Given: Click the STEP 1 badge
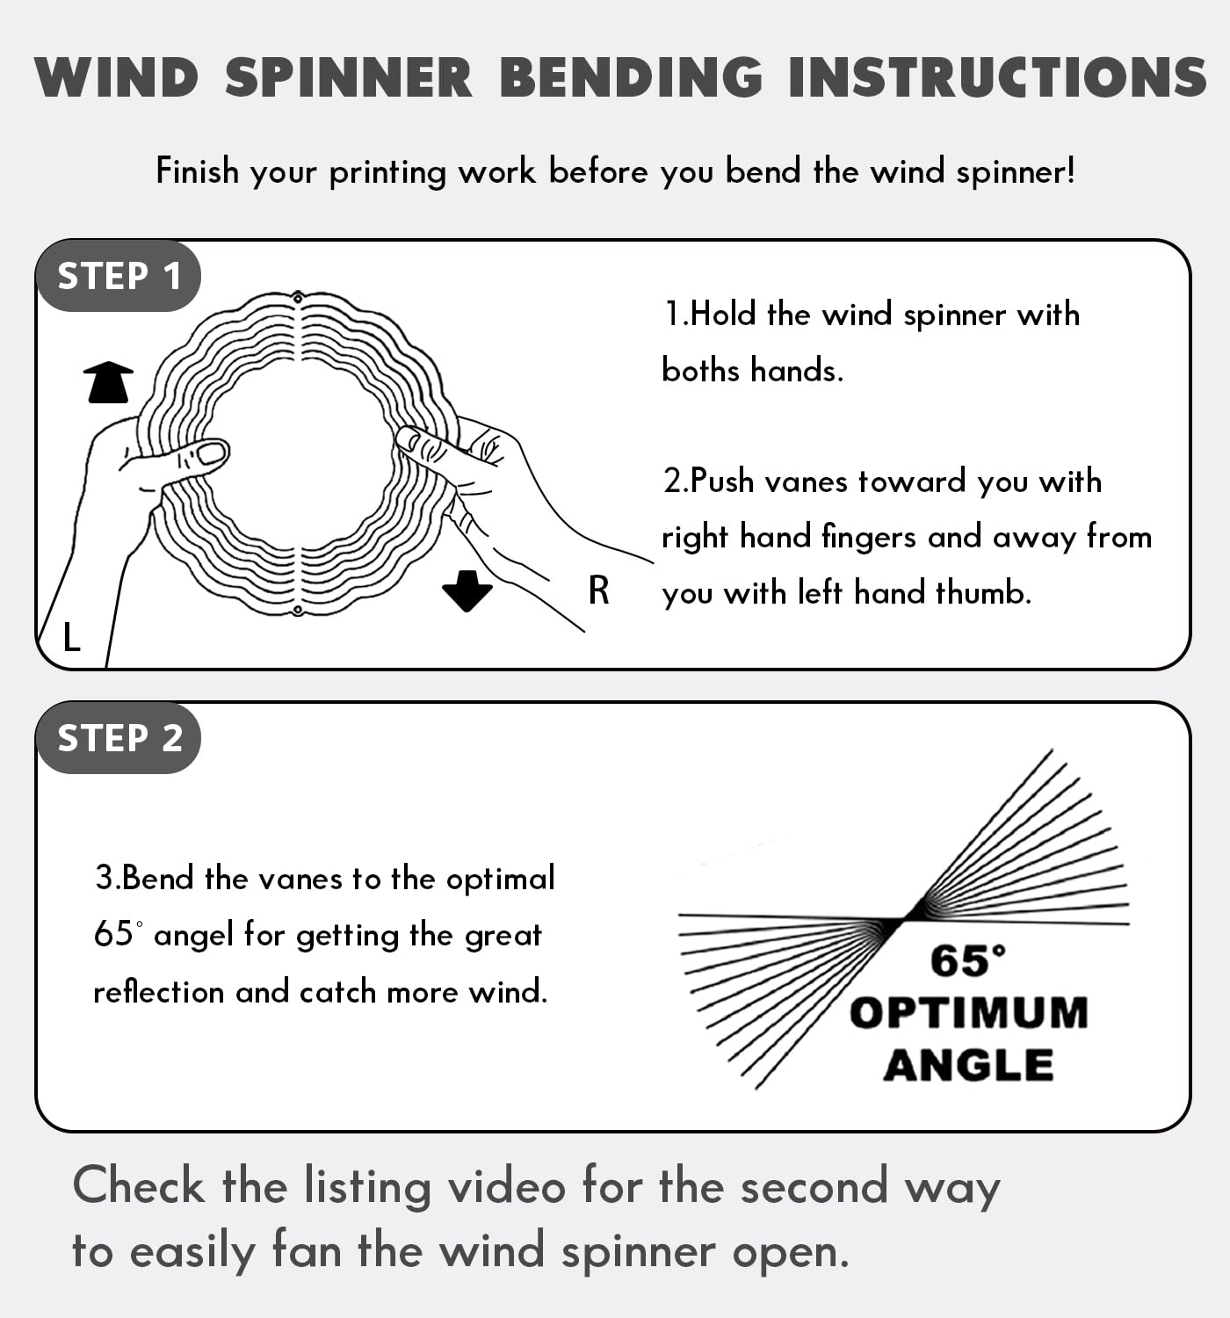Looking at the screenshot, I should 119,276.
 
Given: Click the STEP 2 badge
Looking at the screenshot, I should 119,738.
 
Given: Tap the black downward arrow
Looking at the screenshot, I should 467,590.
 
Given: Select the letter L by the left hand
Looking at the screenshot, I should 72,637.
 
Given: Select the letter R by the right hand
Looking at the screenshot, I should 598,590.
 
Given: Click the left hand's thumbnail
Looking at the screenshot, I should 211,453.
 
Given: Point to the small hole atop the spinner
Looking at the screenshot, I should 298,296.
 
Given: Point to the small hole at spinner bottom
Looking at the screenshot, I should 298,610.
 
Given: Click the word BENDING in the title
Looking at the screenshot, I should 631,77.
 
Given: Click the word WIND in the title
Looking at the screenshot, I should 117,77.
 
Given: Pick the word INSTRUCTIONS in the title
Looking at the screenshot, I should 996,77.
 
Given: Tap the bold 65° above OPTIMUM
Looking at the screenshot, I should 967,960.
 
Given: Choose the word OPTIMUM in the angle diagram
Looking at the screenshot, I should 968,1012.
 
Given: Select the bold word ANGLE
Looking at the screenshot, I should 968,1065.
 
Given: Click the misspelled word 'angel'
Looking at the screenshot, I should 193,935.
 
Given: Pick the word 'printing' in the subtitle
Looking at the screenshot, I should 387,171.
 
